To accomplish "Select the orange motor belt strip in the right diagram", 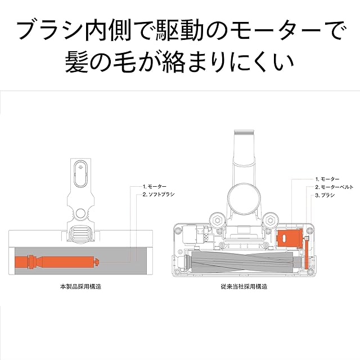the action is (307, 253).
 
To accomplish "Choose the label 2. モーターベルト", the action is (334, 187).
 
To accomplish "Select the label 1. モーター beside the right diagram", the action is (328, 178).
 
